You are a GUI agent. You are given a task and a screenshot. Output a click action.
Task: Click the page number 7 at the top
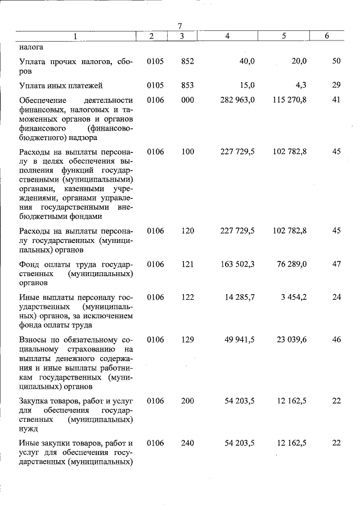coord(180,26)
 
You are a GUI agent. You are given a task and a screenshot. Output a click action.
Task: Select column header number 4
coord(227,36)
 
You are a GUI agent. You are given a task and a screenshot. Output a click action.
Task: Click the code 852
coord(187,61)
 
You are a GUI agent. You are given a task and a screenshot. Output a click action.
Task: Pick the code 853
coord(187,85)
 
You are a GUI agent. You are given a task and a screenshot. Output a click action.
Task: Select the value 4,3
coord(300,85)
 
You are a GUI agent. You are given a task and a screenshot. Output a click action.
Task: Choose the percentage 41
coord(336,100)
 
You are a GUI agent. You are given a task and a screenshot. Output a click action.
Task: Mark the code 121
coord(187,265)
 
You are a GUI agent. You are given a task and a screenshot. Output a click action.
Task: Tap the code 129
coord(187,340)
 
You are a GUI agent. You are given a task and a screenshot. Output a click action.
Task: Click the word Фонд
coord(29,265)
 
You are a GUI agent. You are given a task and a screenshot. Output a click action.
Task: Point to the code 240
coord(187,443)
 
